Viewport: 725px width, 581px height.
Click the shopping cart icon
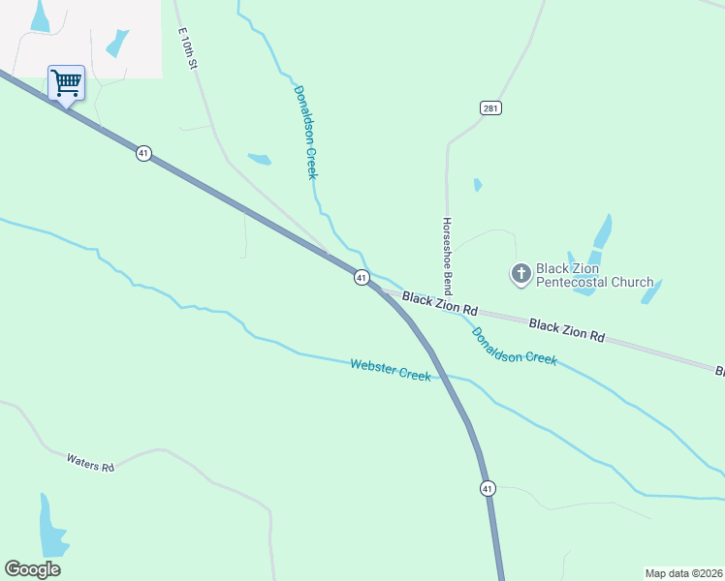pos(66,82)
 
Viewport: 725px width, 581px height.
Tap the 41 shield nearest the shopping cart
pos(143,153)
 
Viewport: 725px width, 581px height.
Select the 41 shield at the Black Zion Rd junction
pos(361,278)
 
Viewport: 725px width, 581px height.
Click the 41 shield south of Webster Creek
pos(487,489)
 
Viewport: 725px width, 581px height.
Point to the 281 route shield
pos(490,107)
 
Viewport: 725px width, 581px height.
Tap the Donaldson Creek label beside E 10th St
pos(306,132)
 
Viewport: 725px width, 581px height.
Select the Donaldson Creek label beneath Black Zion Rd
pos(514,346)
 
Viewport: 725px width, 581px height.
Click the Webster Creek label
pos(390,369)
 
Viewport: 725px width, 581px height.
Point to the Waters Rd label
pos(90,462)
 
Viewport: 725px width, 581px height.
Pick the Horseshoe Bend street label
pos(448,256)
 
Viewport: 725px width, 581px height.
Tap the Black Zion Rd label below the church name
pos(567,329)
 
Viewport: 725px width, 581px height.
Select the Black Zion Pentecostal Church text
pos(595,275)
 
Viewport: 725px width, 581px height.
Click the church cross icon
pos(521,274)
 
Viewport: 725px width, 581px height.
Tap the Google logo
pos(32,569)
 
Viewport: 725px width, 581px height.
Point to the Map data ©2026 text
pos(683,572)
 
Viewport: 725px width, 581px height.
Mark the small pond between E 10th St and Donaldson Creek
pos(259,159)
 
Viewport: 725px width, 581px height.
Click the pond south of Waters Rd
pos(51,527)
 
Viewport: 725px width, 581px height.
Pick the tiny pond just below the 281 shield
pos(477,184)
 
